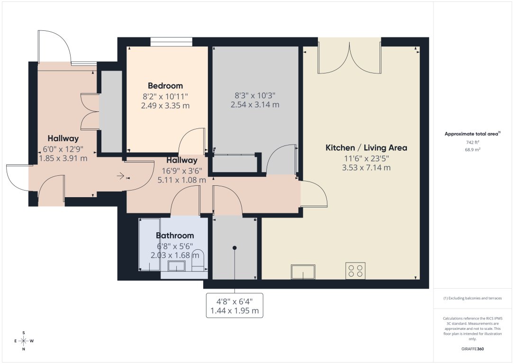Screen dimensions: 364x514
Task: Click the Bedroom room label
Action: pos(165,86)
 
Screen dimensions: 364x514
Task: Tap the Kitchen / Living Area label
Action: pos(366,148)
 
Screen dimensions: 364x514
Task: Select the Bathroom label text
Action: pos(175,236)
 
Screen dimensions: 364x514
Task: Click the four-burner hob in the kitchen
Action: pos(355,271)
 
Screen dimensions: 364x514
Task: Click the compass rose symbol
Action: pos(24,341)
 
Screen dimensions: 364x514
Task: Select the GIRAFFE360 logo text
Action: pos(472,348)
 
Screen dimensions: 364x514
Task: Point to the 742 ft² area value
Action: pos(473,142)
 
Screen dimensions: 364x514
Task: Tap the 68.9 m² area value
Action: pos(473,149)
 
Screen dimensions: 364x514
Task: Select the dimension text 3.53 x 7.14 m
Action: pos(366,168)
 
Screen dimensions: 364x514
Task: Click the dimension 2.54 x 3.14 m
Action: pos(254,104)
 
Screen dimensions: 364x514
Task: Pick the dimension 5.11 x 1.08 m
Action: pos(181,180)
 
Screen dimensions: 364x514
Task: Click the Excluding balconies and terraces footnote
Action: pos(472,298)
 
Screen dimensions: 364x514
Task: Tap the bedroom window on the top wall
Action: pos(171,42)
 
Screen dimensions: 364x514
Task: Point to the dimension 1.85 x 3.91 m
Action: pos(63,158)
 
